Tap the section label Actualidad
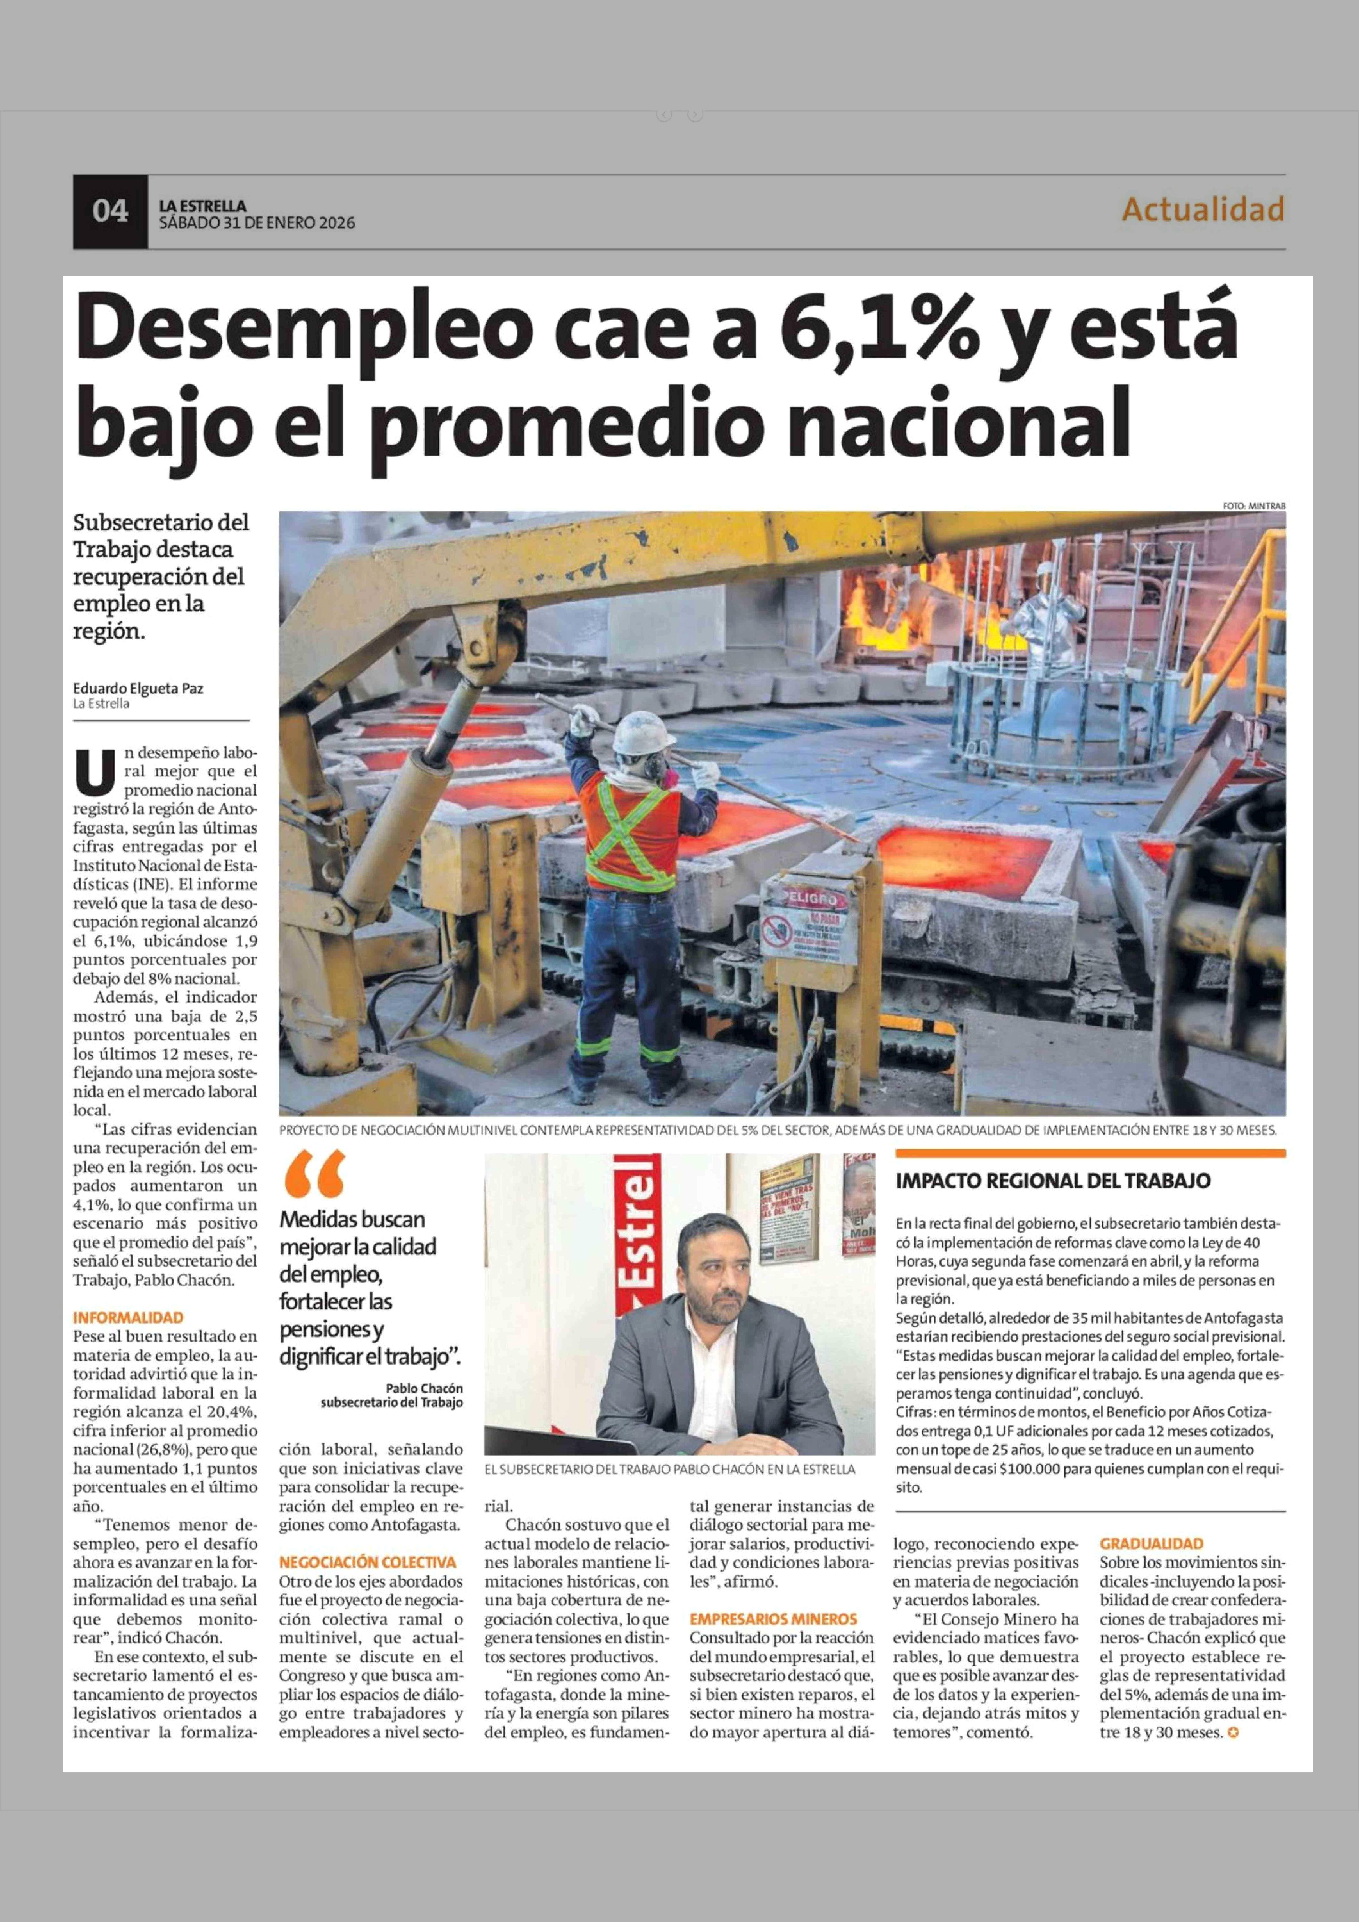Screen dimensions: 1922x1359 click(x=1202, y=209)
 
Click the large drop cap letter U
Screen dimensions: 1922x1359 click(x=94, y=771)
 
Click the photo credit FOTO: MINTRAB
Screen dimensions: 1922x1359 click(x=1254, y=506)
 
